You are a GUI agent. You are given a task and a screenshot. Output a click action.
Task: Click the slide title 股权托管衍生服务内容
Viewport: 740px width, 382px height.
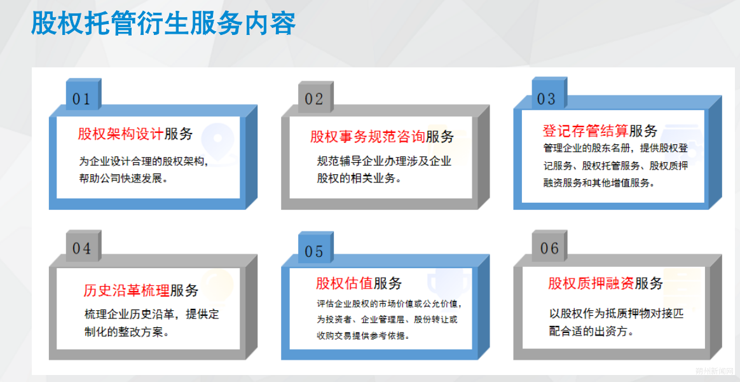pos(163,22)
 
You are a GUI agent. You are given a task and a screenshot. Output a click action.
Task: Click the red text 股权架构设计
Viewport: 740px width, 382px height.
pos(121,134)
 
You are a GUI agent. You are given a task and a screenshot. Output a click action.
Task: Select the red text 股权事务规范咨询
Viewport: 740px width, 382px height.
pos(367,137)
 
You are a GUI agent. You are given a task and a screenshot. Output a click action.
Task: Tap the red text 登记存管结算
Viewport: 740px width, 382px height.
pos(586,131)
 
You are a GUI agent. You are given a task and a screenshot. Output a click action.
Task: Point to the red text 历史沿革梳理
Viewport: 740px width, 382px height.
pos(127,290)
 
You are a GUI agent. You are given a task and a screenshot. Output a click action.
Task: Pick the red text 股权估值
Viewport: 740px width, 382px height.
pos(345,283)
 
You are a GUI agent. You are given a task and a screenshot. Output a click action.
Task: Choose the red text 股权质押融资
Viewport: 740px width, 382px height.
pos(591,283)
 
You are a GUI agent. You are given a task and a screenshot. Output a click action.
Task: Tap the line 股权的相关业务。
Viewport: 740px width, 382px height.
pos(359,179)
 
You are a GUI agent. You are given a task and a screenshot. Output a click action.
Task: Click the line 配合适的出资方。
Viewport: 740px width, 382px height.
pos(591,331)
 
